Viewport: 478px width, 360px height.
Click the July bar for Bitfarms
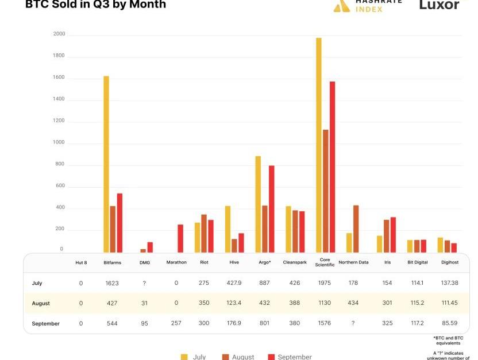(106, 164)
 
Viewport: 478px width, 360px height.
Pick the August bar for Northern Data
(356, 229)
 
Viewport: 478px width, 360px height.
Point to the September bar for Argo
(272, 209)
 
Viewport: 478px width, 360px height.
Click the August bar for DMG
(143, 250)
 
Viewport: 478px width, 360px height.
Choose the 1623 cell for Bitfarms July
(112, 283)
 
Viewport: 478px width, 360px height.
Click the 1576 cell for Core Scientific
(325, 323)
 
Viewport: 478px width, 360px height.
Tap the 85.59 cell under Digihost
(450, 323)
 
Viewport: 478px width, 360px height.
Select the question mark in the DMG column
(144, 283)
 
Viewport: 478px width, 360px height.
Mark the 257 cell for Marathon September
(176, 323)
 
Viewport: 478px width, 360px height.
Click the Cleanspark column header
(295, 262)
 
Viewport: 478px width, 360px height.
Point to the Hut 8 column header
(81, 262)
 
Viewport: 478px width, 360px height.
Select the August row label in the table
(41, 303)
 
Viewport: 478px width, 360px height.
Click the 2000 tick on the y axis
(59, 34)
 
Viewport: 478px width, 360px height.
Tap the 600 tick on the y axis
(60, 187)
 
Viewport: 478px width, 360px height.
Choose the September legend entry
(290, 357)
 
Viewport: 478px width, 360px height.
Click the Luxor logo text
(440, 5)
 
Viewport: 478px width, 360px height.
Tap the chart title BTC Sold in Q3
(95, 5)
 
